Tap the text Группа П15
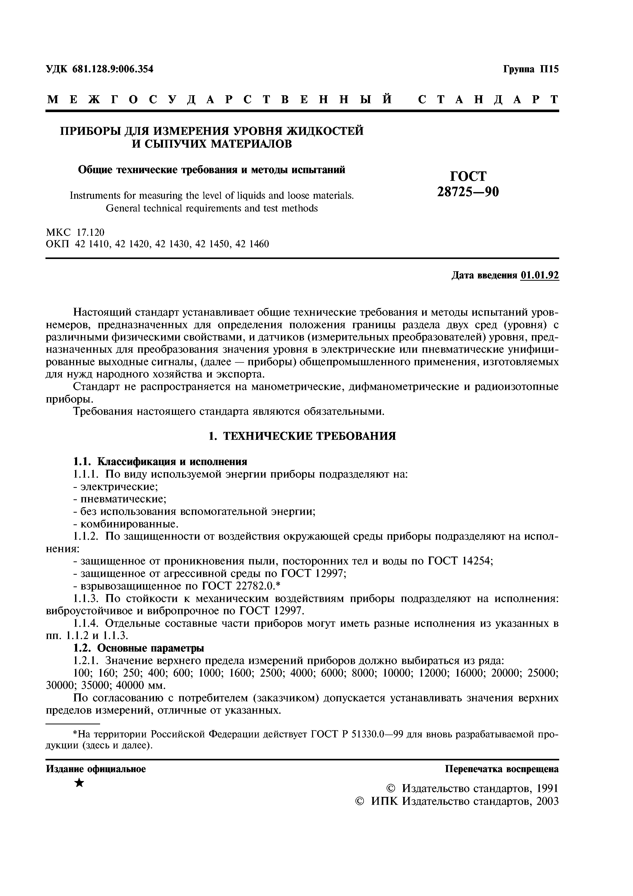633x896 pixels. pos(531,69)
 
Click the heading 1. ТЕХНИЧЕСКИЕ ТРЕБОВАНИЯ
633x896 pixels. pos(302,436)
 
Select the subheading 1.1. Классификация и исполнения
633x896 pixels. pos(160,462)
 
